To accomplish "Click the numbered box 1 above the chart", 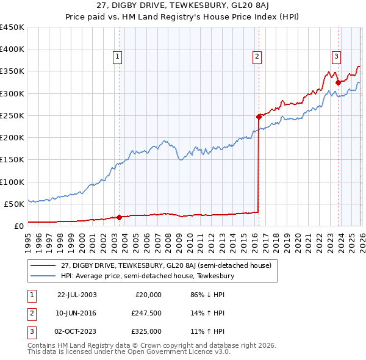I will tap(117, 57).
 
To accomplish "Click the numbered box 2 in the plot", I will tap(257, 57).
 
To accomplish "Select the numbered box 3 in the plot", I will tap(336, 57).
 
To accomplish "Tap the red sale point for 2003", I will tap(120, 217).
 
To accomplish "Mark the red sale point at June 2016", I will tap(259, 116).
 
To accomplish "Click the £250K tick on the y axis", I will tap(12, 115).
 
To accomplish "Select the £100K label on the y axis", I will tap(12, 182).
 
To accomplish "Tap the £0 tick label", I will tap(18, 226).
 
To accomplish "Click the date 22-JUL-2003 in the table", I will tap(77, 295).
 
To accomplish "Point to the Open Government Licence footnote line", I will tap(129, 352).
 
